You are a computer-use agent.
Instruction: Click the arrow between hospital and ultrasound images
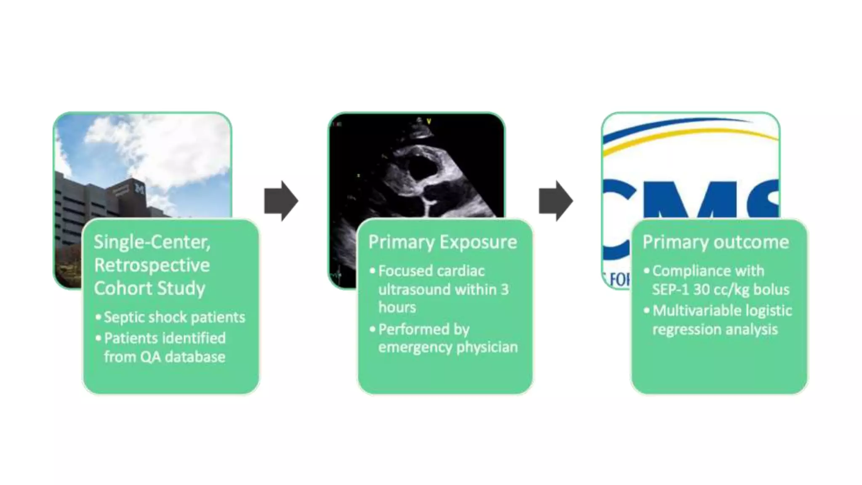[x=281, y=201]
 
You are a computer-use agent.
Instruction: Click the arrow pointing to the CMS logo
[x=556, y=201]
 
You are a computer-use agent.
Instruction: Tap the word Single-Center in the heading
[x=152, y=242]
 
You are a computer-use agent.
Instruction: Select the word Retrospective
[x=152, y=265]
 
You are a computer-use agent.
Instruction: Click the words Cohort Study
[x=149, y=288]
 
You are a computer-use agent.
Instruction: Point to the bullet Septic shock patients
[x=174, y=317]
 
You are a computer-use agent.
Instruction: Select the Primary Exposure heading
[x=442, y=242]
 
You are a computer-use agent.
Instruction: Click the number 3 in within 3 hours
[x=504, y=289]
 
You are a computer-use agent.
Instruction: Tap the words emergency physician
[x=448, y=347]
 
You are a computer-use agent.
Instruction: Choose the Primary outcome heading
[x=716, y=242]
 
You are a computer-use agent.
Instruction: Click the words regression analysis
[x=715, y=329]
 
